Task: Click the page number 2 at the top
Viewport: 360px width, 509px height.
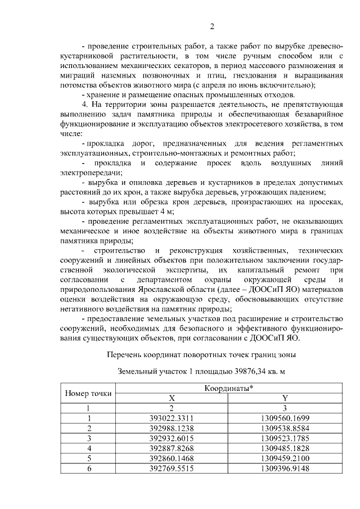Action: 213,26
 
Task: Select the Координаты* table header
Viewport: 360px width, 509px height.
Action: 228,388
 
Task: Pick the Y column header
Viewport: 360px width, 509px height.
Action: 285,398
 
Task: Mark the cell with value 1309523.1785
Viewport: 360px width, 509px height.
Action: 285,438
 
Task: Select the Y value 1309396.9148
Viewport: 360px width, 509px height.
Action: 285,467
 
